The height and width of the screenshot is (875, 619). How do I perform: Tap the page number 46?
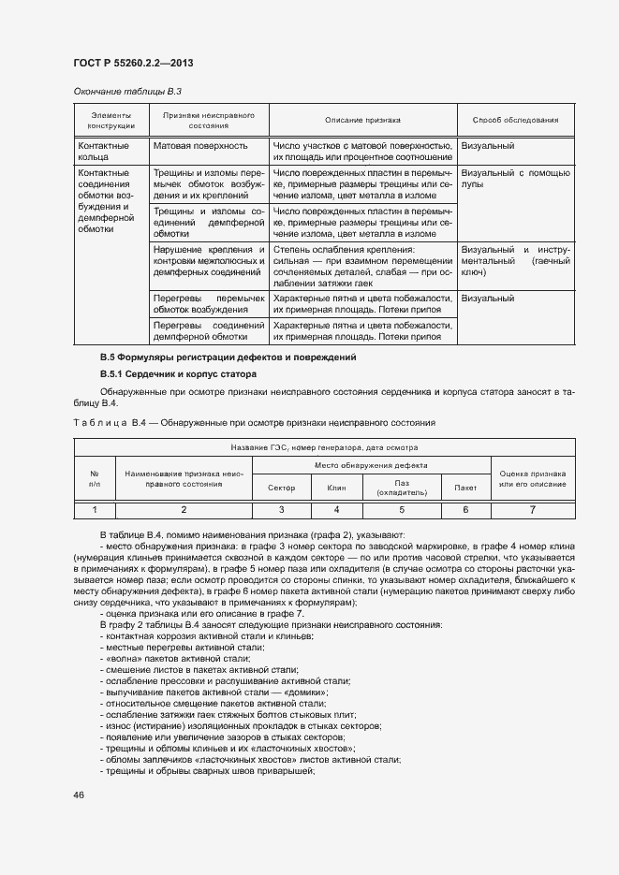[79, 795]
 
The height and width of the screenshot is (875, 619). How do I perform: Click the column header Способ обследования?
[515, 121]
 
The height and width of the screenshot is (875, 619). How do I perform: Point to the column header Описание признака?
[362, 121]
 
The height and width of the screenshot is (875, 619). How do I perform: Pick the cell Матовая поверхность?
[200, 147]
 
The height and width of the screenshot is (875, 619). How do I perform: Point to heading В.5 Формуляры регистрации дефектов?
[228, 358]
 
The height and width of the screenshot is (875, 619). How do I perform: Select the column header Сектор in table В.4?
[281, 489]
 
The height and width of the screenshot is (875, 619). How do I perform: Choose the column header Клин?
[336, 489]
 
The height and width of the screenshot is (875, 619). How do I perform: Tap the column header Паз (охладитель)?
[402, 489]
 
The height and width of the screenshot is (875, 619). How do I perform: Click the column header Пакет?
[465, 489]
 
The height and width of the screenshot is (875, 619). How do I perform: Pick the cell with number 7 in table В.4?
[532, 510]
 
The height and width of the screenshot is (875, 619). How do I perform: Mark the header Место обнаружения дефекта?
[372, 465]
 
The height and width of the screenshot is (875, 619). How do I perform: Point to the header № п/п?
[94, 477]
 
